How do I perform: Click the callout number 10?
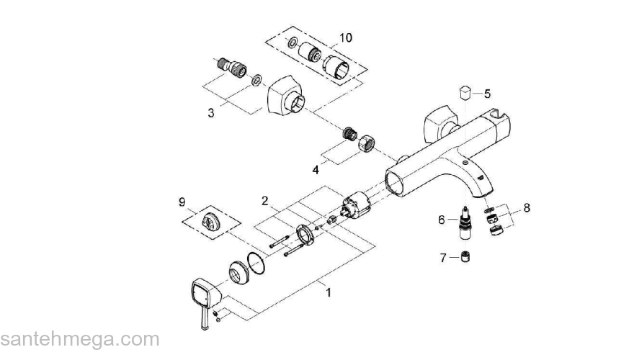pyautogui.click(x=345, y=37)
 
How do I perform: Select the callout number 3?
pyautogui.click(x=210, y=113)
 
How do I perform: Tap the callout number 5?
pyautogui.click(x=487, y=94)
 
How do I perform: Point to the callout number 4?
pyautogui.click(x=316, y=170)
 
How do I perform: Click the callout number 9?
pyautogui.click(x=182, y=201)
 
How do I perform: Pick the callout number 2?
pyautogui.click(x=265, y=200)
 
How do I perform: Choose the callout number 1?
pyautogui.click(x=329, y=292)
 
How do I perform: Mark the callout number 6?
pyautogui.click(x=442, y=220)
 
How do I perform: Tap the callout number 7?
pyautogui.click(x=443, y=257)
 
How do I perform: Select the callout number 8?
pyautogui.click(x=527, y=208)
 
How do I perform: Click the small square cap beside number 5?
pyautogui.click(x=465, y=93)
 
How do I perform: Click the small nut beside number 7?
pyautogui.click(x=466, y=256)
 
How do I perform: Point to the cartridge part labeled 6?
pyautogui.click(x=465, y=224)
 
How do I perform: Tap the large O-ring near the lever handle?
pyautogui.click(x=256, y=264)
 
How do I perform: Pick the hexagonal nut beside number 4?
pyautogui.click(x=367, y=143)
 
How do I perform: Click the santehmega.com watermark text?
pyautogui.click(x=80, y=339)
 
